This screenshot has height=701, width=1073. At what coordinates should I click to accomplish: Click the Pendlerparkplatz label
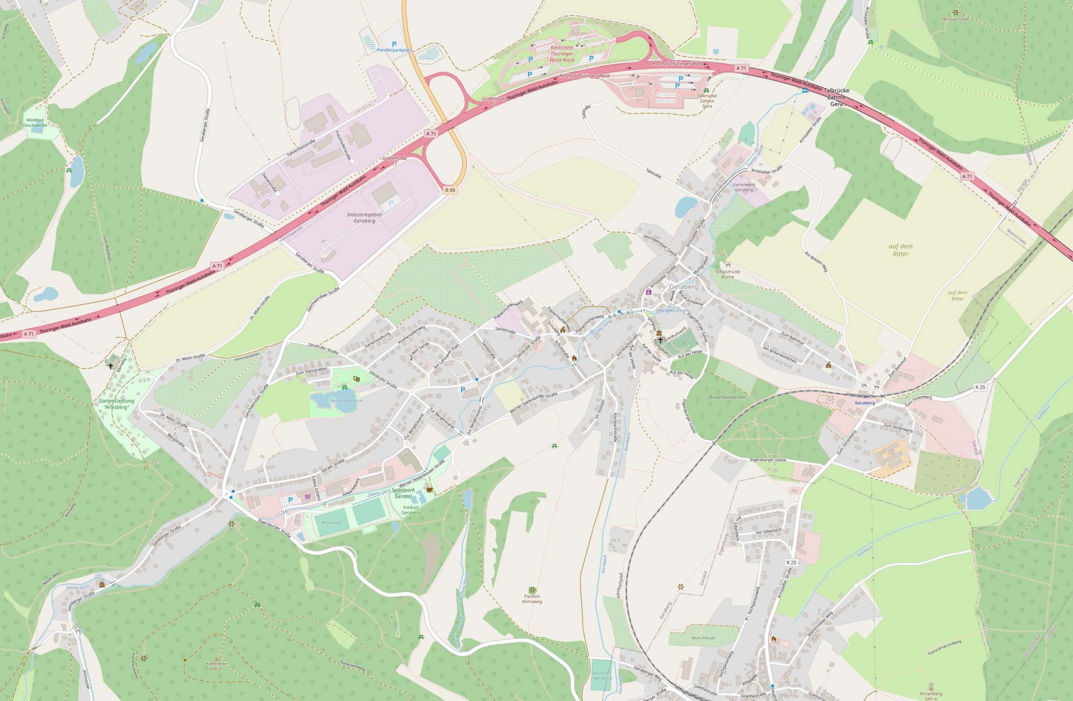coord(394,50)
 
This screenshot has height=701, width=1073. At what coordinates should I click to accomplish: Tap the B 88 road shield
coord(450,190)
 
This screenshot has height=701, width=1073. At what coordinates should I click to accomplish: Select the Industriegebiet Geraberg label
coord(364,218)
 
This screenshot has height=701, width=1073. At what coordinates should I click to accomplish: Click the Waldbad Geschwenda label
coord(35,123)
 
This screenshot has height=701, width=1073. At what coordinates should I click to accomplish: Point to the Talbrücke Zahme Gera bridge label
coord(836,97)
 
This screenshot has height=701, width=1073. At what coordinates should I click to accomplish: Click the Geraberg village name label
coord(684,287)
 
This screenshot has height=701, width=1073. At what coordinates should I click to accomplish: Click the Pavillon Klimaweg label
coord(532,599)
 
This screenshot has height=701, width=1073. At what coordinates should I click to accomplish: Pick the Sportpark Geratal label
coord(411,493)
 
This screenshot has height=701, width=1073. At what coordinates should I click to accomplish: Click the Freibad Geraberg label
coord(411,510)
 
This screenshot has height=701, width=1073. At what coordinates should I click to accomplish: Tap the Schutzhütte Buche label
coord(727,274)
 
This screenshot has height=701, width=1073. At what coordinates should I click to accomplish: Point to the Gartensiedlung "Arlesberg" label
coord(116,404)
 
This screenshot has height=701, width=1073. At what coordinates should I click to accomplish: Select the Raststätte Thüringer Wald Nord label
coord(562,53)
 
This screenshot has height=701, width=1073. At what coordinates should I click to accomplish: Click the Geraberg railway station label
coord(864,403)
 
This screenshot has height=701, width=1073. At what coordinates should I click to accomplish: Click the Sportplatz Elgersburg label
coord(601,675)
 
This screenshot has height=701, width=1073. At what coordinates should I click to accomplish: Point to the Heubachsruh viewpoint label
coord(955,19)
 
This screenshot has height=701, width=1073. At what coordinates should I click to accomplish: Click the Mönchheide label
coord(703,638)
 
